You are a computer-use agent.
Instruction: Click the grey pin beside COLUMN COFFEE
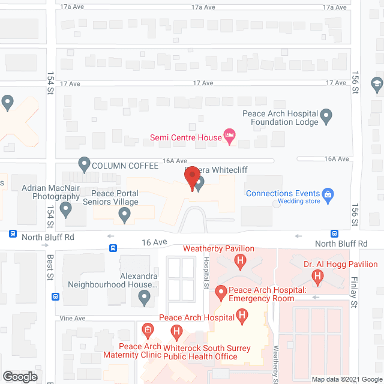click(85, 163)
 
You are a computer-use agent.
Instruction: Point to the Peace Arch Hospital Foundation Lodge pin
click(326, 116)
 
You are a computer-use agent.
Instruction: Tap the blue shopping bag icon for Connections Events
click(328, 194)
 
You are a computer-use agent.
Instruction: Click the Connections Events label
click(283, 193)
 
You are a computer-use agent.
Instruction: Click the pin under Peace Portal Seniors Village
click(125, 215)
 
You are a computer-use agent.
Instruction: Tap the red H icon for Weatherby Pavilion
click(241, 261)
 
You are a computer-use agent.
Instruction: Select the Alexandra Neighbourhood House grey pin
click(144, 296)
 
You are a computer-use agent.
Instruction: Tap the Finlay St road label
click(354, 292)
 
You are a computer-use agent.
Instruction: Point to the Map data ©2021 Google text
click(345, 379)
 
